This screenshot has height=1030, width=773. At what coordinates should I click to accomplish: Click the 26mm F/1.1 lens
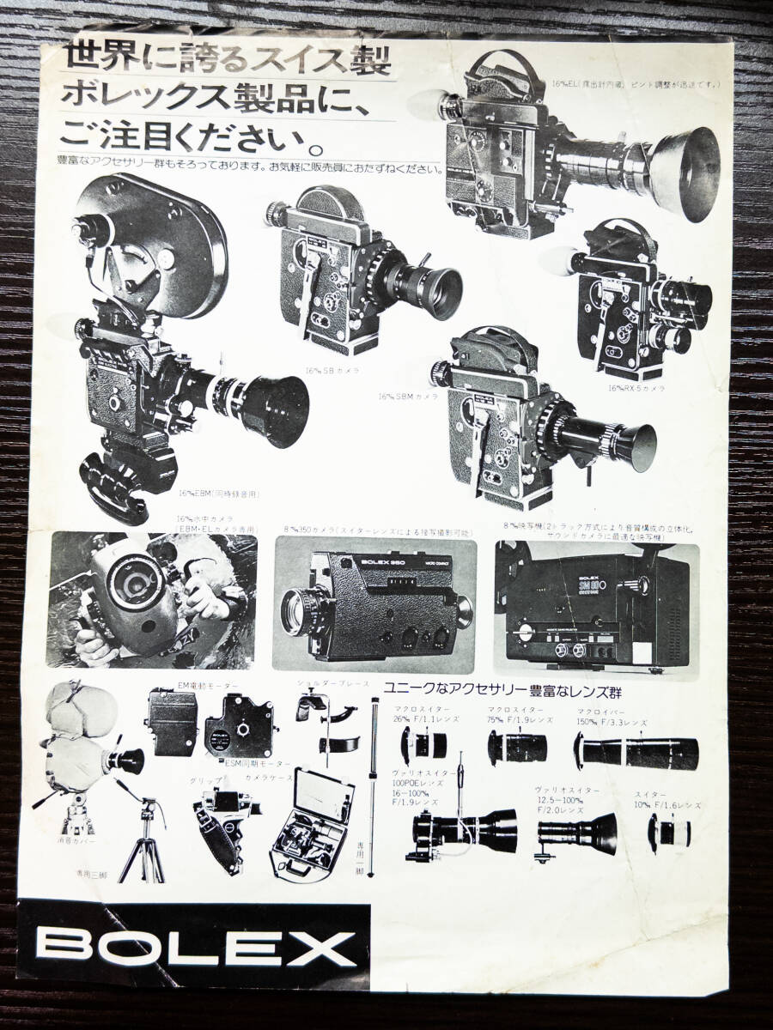tap(424, 744)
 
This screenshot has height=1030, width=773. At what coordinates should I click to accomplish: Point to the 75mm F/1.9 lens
tap(516, 748)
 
